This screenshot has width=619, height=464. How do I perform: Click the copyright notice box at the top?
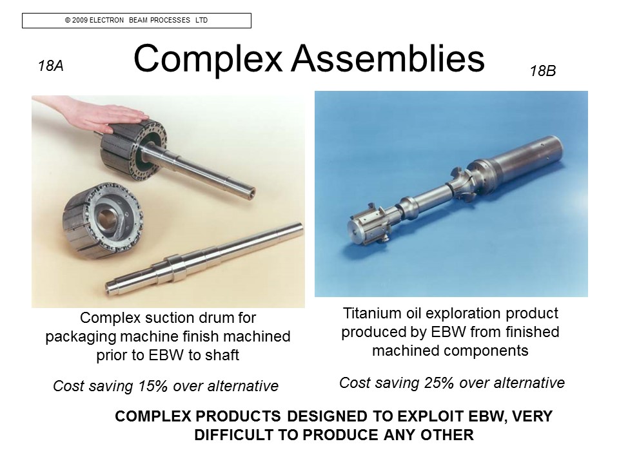(x=137, y=21)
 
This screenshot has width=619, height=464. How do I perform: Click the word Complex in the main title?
(x=208, y=59)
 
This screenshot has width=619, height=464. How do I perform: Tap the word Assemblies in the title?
(x=388, y=59)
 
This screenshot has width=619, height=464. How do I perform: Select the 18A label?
(x=51, y=66)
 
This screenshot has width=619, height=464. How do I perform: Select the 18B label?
(x=543, y=71)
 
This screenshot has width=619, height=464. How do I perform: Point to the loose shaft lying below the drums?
(x=204, y=259)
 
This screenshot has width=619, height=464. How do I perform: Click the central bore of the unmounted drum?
(x=106, y=217)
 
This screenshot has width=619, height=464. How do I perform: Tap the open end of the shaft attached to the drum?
(x=250, y=194)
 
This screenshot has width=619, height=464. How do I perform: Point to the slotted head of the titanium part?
(x=368, y=225)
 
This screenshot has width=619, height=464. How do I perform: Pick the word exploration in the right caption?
(x=465, y=313)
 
